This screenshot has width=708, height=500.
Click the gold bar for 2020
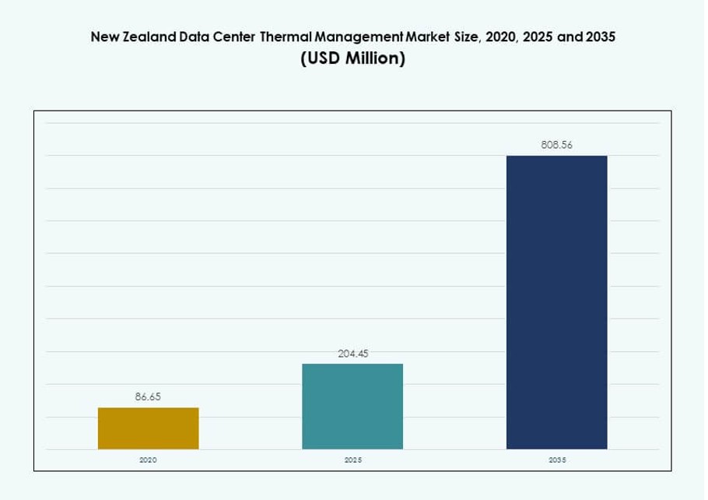pos(148,428)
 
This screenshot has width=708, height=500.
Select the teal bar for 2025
pos(352,406)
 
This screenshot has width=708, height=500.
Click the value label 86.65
pos(148,397)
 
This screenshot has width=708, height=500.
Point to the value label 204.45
pos(352,354)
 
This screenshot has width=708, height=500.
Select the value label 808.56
pos(556,145)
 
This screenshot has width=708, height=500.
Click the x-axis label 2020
pos(148,460)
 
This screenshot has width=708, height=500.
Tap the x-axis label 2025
pos(352,460)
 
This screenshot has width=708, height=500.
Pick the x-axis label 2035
pos(556,460)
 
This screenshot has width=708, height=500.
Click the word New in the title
pos(104,37)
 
